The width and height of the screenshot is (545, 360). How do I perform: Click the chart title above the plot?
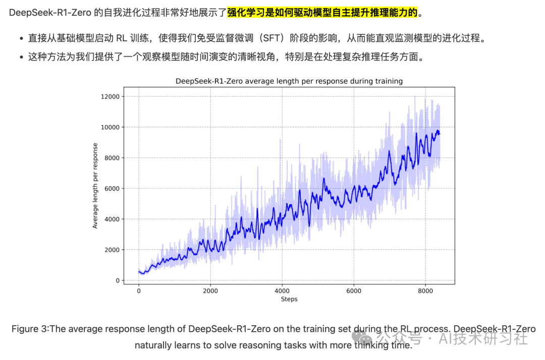tap(289, 81)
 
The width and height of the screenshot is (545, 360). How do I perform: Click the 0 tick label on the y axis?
tap(118, 281)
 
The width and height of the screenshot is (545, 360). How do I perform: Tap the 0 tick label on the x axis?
tap(139, 290)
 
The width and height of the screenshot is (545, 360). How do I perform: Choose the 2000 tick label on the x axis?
tap(210, 290)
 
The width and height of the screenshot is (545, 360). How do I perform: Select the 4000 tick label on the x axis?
tap(282, 290)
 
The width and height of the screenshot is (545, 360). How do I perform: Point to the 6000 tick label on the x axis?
tap(354, 290)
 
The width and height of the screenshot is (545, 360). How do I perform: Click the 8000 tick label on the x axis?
tap(425, 290)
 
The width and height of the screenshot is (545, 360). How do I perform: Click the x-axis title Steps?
tap(289, 299)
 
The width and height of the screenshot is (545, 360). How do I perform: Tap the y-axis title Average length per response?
tap(95, 186)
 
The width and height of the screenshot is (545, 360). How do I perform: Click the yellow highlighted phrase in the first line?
tap(322, 12)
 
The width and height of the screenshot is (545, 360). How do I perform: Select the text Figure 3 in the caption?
tap(30, 329)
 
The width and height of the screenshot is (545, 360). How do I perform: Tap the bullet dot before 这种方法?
tap(21, 57)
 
